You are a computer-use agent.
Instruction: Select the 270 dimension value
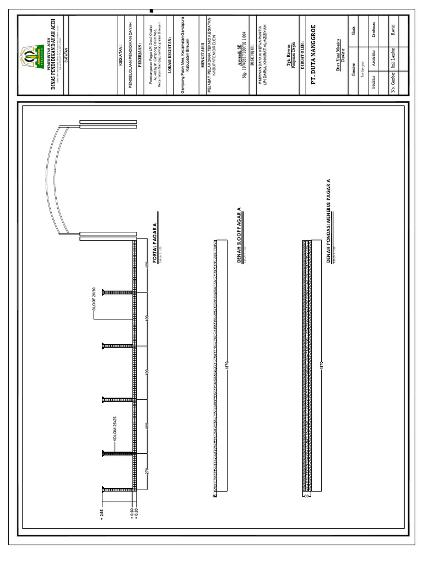(x=148, y=471)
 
